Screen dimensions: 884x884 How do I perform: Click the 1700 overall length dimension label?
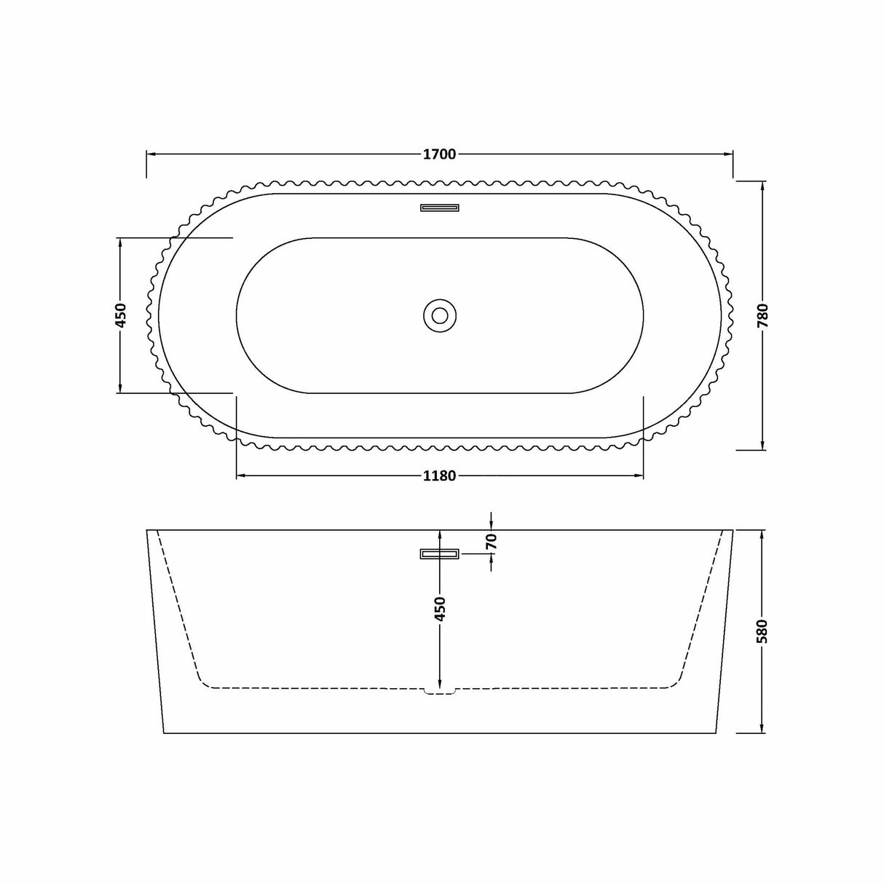coord(439,154)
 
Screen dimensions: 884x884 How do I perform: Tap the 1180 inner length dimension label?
coord(439,476)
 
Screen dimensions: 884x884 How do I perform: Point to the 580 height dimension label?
coord(762,632)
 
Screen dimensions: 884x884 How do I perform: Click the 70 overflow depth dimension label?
coord(492,541)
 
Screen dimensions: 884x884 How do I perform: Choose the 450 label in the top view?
coord(121,315)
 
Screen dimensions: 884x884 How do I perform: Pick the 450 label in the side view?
coord(439,609)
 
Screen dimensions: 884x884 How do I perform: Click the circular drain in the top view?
coord(440,315)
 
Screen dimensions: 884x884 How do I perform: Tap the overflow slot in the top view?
coord(440,208)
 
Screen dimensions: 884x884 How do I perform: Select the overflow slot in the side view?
coord(440,555)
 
